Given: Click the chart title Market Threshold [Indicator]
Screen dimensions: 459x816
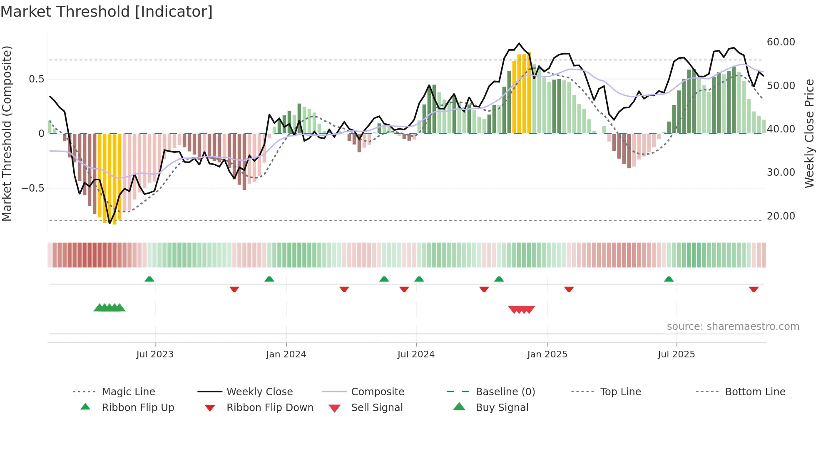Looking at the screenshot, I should tap(107, 12).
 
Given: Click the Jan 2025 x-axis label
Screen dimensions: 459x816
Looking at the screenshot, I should tap(547, 354).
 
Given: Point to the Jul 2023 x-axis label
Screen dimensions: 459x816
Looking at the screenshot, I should tap(155, 354).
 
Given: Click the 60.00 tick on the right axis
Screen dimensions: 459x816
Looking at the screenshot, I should tap(781, 42).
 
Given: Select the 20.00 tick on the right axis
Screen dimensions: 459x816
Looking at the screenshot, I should tap(781, 216).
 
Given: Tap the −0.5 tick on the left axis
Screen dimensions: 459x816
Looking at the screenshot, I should tap(32, 188).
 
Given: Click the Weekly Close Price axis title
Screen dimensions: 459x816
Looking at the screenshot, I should tap(809, 133).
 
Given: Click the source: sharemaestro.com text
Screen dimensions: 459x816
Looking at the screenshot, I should tap(733, 327).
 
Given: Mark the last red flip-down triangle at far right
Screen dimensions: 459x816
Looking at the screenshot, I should tap(754, 289).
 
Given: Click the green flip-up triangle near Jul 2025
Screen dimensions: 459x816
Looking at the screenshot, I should tap(669, 279).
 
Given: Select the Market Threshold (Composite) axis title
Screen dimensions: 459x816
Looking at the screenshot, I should tap(7, 133).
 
